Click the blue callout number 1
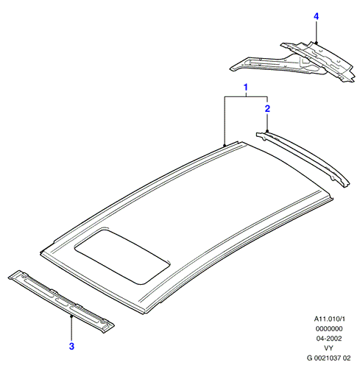[x=246, y=88]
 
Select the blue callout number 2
[x=267, y=109]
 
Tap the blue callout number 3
[x=71, y=346]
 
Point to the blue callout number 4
[x=316, y=16]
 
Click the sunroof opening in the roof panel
[x=122, y=256]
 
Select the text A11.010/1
[x=329, y=319]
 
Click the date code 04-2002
[x=329, y=339]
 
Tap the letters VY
[x=328, y=348]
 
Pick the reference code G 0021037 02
[x=329, y=358]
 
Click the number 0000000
[x=329, y=329]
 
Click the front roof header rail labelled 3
[x=61, y=301]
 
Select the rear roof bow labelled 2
[x=303, y=159]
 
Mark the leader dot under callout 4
[x=316, y=43]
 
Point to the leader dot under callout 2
[x=267, y=131]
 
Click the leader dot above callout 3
[x=71, y=316]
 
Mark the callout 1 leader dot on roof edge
[x=225, y=145]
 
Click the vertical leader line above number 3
[x=71, y=328]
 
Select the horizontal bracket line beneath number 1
[x=246, y=97]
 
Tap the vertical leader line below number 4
[x=316, y=32]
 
